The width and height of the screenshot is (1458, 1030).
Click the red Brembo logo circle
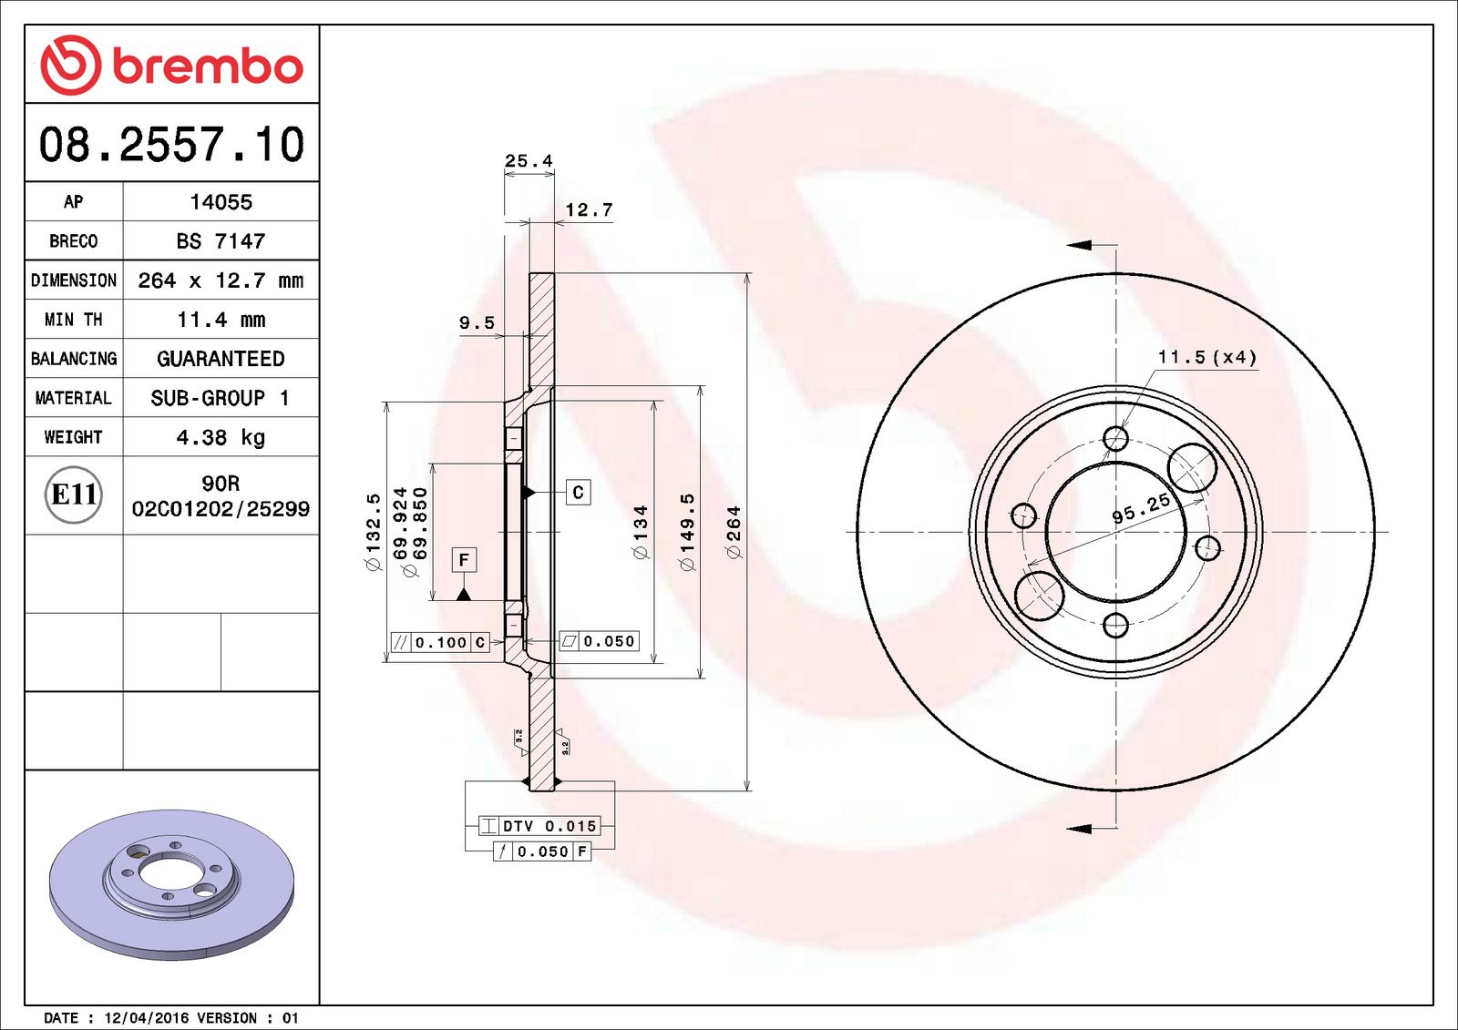pos(70,65)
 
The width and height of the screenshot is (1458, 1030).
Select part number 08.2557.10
pos(171,145)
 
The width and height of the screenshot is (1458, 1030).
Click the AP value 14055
pos(221,202)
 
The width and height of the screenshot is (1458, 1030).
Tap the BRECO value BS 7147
pos(221,241)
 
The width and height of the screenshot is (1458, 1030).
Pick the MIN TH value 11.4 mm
pos(221,320)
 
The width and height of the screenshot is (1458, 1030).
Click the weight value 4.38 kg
pos(221,437)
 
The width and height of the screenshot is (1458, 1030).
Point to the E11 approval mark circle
pos(74,495)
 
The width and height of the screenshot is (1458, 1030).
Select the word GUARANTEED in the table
pos(221,359)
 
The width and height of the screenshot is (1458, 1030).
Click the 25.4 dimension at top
pos(529,161)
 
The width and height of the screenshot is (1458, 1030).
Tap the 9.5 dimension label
pos(477,323)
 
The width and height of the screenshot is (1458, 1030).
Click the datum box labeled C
pos(578,493)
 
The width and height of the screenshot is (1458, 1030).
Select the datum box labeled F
pos(464,559)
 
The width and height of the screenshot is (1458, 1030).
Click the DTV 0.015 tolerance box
pos(539,826)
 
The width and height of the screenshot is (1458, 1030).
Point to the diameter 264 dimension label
pos(734,533)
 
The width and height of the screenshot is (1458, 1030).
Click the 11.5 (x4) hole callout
pos(1206,357)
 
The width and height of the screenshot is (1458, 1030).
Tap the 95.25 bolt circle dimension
pos(1141,508)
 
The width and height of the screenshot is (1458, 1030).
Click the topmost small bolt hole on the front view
pos(1115,439)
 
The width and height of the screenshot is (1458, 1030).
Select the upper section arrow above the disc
pos(1082,244)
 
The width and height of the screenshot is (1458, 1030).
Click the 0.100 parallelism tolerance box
pos(441,642)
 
